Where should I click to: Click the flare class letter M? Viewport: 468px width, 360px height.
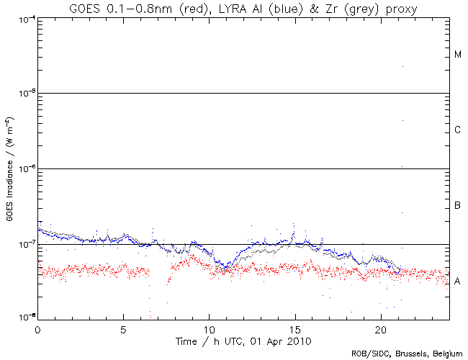458,55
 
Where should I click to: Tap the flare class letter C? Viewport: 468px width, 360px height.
458,130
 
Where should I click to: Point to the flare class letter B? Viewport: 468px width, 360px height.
458,206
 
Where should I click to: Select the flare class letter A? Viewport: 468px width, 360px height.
458,282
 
